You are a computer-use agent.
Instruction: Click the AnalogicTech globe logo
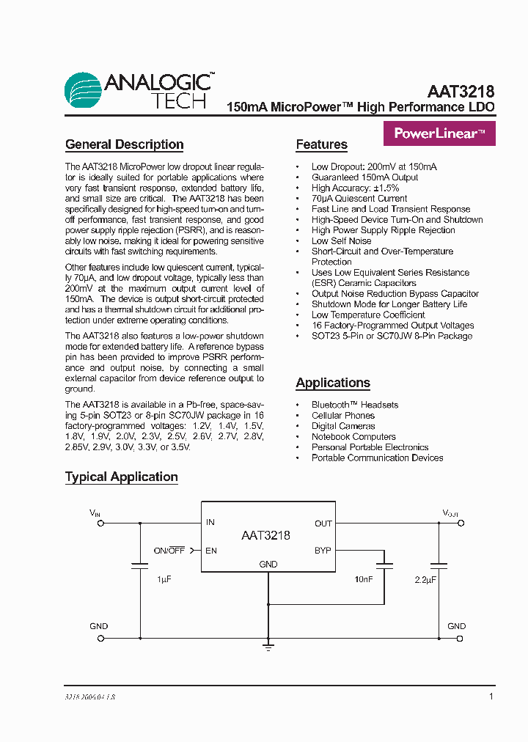coord(82,90)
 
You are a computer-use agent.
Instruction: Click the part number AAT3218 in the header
coord(461,92)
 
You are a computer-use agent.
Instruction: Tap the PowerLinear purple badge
coord(439,133)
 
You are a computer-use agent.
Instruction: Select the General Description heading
coord(124,144)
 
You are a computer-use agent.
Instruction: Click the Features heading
coord(321,144)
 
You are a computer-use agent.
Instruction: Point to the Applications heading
coord(332,383)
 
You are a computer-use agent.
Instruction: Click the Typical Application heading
coord(121,477)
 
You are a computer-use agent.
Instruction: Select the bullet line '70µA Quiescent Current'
coord(359,198)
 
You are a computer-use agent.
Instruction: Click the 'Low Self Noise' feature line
coord(341,240)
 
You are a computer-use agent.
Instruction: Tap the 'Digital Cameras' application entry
coord(342,426)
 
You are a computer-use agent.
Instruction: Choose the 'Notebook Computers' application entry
coord(353,436)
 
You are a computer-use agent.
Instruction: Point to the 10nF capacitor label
coord(364,580)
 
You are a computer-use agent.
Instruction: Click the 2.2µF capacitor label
coord(425,580)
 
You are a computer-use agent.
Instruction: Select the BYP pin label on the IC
coord(323,550)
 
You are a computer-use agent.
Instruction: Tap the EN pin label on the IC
coord(211,550)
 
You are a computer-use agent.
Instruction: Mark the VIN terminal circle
coord(100,523)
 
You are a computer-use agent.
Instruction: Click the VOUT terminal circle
coord(460,523)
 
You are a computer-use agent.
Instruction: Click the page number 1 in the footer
coord(491,697)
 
